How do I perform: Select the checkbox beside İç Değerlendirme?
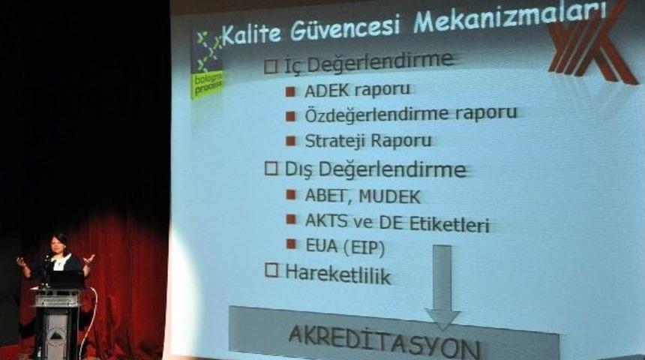tap(271, 66)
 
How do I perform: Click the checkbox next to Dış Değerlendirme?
tap(271, 169)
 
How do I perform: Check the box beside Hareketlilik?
tap(271, 271)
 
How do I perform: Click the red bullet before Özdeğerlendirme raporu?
tap(290, 116)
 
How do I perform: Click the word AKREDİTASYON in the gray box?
tap(384, 344)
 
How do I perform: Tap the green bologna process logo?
tap(206, 64)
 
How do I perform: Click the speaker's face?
tap(58, 245)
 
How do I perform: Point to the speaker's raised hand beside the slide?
tap(89, 259)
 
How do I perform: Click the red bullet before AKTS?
tap(290, 220)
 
